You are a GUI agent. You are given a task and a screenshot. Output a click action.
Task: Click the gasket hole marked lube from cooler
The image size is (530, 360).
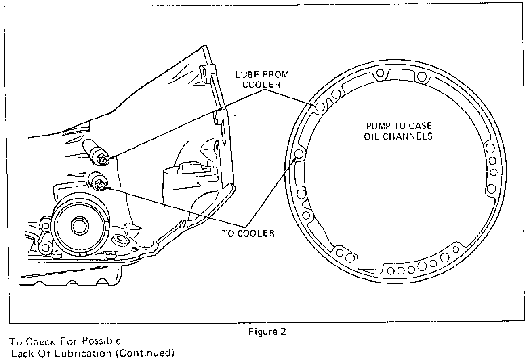tap(320, 107)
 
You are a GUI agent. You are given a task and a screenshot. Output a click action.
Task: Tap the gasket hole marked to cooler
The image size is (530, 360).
tap(300, 154)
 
